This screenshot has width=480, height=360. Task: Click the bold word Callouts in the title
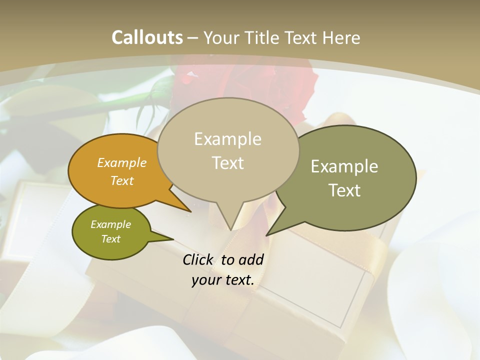(147, 37)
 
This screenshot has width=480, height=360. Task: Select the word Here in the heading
(341, 37)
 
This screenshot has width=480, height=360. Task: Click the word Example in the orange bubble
(122, 162)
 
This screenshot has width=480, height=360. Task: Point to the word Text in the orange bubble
(122, 180)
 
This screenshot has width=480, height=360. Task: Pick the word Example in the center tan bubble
(227, 139)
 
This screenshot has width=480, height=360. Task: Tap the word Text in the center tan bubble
(227, 163)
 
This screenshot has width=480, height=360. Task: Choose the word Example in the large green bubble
(344, 166)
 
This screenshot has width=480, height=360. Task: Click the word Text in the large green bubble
(344, 190)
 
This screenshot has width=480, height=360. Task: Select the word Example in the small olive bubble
(111, 224)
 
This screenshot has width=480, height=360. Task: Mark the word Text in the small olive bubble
(111, 239)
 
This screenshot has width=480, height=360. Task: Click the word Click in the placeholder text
(199, 259)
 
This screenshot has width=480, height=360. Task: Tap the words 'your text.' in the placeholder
(223, 280)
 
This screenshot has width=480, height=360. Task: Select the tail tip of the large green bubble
(267, 234)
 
